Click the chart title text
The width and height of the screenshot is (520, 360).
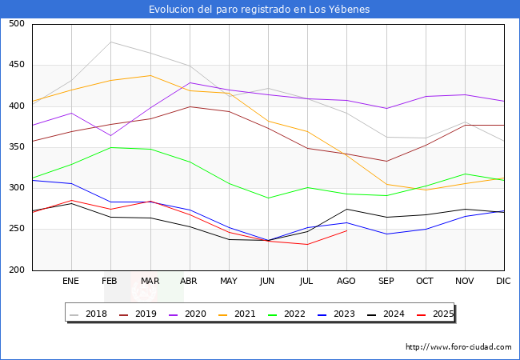pyautogui.click(x=259, y=10)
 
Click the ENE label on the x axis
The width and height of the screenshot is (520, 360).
pyautogui.click(x=71, y=282)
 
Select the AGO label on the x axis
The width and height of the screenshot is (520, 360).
pyautogui.click(x=346, y=282)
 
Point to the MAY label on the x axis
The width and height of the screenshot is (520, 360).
pyautogui.click(x=229, y=282)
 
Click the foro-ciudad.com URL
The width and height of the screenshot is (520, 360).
pyautogui.click(x=458, y=347)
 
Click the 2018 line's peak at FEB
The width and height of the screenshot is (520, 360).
pyautogui.click(x=110, y=42)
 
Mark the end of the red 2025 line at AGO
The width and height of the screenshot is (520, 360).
pyautogui.click(x=346, y=230)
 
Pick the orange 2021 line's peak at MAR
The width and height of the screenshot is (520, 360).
pyautogui.click(x=150, y=75)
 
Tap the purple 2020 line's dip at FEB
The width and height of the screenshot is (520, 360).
pyautogui.click(x=110, y=135)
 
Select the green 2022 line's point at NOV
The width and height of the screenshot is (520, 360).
pyautogui.click(x=465, y=174)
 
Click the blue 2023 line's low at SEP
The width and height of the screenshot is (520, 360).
pyautogui.click(x=386, y=234)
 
